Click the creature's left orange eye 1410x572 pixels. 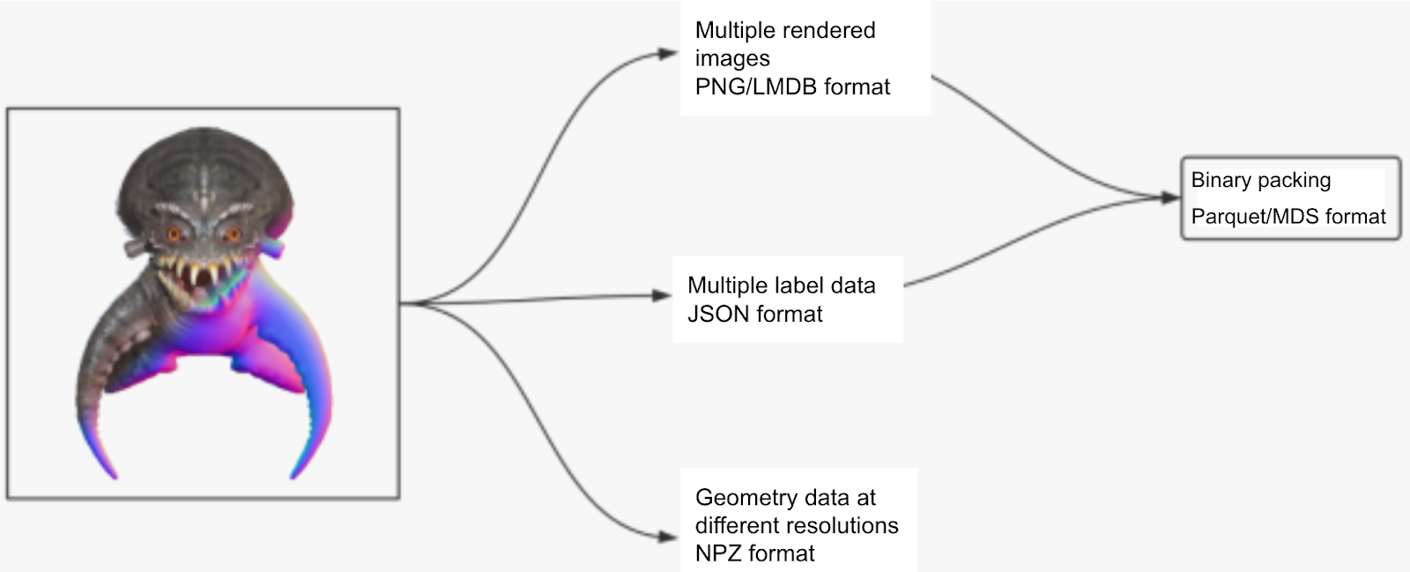(x=174, y=234)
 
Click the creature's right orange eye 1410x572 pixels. (x=233, y=234)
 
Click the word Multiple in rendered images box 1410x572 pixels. (x=733, y=30)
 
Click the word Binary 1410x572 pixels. (x=1221, y=180)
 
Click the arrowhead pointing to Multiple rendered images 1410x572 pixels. (x=669, y=54)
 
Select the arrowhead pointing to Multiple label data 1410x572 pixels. (x=662, y=295)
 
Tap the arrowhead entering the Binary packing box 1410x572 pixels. (x=1170, y=197)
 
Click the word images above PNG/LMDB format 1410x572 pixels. (x=731, y=58)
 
